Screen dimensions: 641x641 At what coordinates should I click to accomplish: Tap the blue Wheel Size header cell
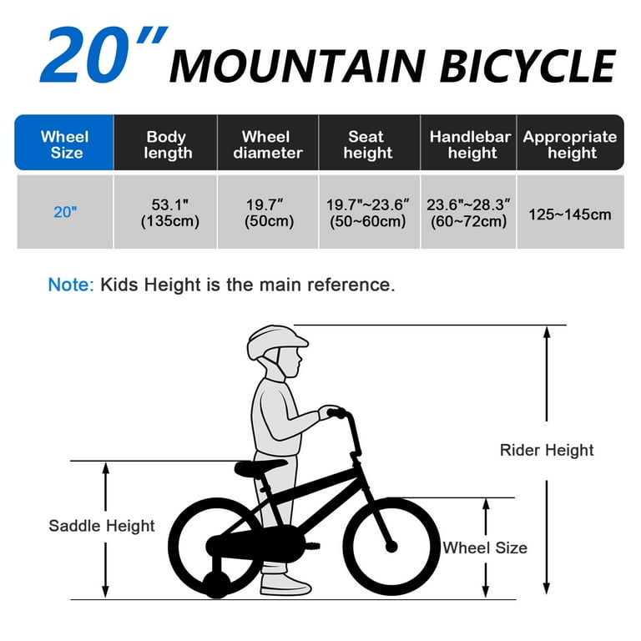64,144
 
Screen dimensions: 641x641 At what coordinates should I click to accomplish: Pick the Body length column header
167,144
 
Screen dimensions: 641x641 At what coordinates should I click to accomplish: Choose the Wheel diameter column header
266,144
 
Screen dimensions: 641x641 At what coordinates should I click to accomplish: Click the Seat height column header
367,144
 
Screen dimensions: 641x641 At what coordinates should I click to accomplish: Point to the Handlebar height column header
470,144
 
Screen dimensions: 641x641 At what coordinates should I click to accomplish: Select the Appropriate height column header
570,144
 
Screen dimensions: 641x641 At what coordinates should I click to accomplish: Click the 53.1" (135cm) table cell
167,213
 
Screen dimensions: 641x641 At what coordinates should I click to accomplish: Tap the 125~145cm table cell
570,215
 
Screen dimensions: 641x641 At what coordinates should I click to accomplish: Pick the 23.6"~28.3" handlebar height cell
468,213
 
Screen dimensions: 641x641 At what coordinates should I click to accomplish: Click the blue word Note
70,285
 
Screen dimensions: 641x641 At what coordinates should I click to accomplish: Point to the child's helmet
276,341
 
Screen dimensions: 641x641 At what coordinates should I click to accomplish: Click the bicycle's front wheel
391,546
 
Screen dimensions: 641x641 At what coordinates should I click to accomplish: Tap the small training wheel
218,581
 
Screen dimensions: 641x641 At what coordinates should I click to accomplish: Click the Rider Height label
547,450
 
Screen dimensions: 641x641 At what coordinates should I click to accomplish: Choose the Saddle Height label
102,526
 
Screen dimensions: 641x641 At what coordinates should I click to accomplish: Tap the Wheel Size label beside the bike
485,548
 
